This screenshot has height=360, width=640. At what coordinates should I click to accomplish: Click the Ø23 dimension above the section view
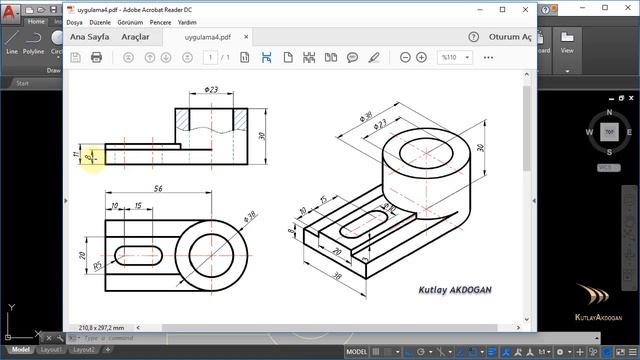tap(212, 89)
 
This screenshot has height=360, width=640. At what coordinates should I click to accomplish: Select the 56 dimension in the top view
tap(158, 188)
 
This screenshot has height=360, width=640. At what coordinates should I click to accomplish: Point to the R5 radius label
tap(98, 267)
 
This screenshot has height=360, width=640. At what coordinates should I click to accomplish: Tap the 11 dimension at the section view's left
tap(78, 154)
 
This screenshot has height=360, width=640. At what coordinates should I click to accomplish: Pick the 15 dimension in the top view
tap(136, 206)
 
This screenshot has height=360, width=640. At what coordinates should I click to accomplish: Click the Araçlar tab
tap(135, 37)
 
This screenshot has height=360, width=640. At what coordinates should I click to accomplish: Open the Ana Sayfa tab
tap(89, 37)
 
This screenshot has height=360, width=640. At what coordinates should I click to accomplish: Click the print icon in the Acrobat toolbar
tap(96, 57)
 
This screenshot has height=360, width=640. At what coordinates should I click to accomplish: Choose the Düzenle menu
tap(102, 21)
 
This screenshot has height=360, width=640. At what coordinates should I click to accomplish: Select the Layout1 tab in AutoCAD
tap(52, 351)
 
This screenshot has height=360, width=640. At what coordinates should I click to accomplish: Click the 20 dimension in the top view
tap(85, 256)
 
